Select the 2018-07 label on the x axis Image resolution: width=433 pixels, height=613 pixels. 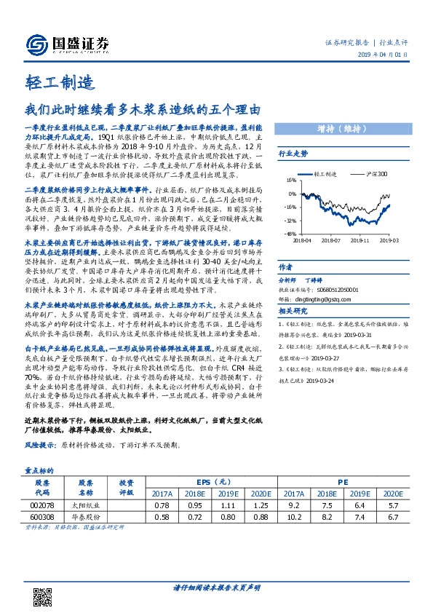coord(331,238)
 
